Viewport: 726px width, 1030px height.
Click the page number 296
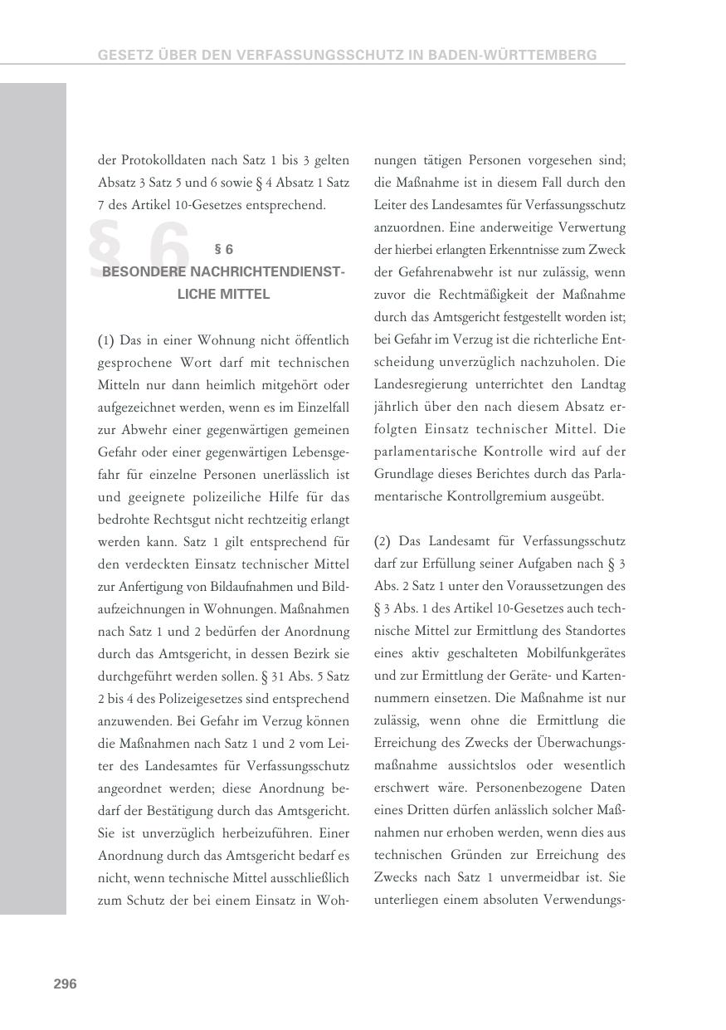(x=65, y=984)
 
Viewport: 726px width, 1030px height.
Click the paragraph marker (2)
(x=382, y=541)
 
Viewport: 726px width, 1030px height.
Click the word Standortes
(x=595, y=631)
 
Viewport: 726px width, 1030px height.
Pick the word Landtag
(x=603, y=384)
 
